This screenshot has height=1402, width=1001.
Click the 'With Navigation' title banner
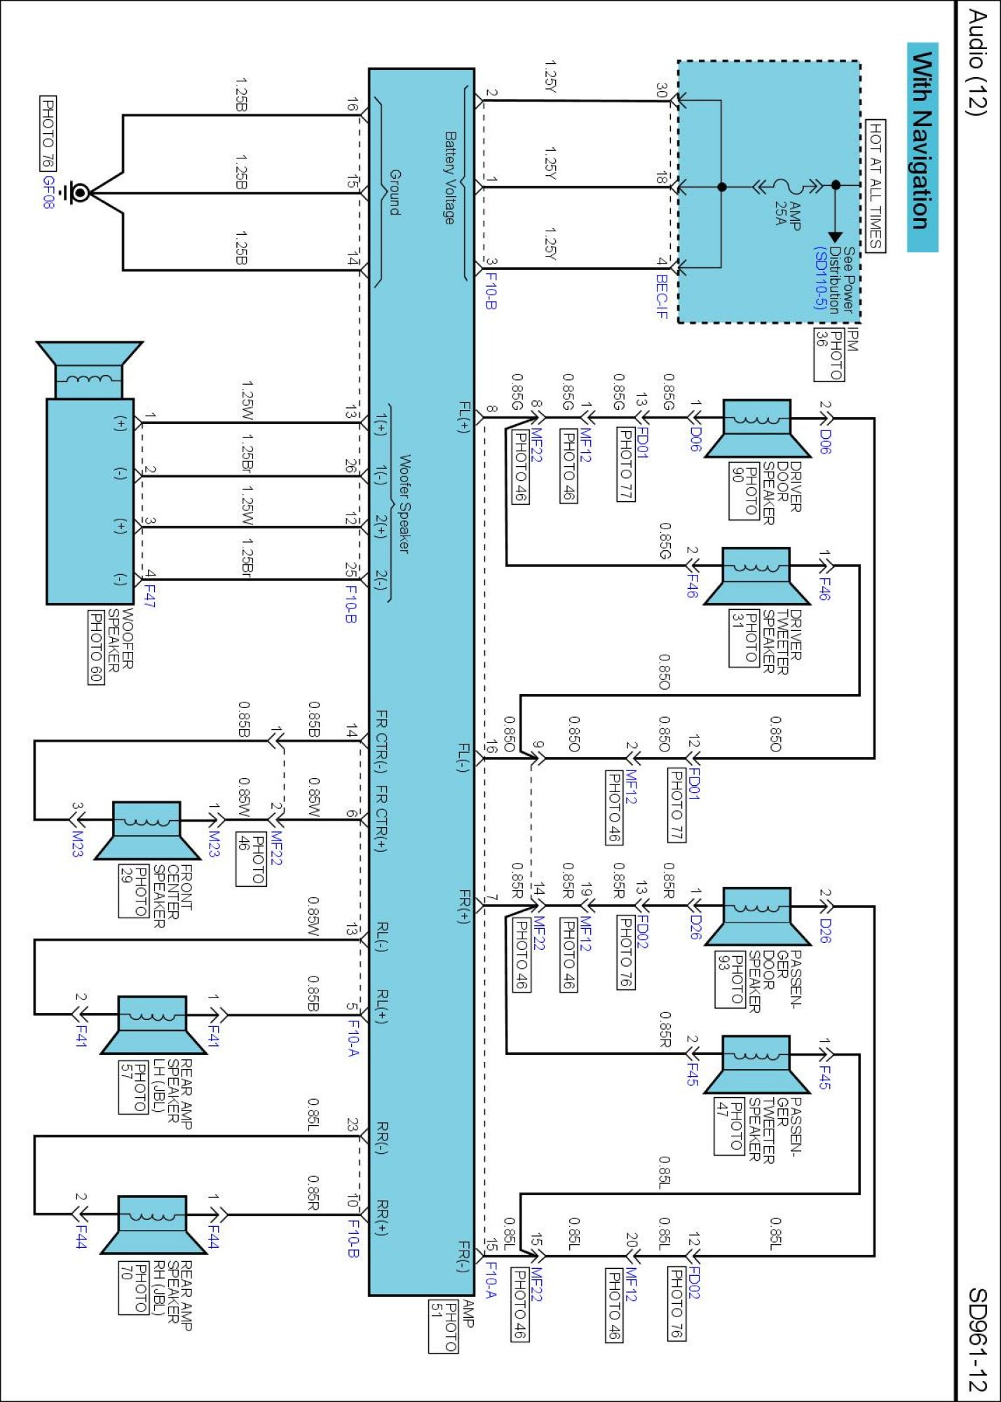tap(922, 147)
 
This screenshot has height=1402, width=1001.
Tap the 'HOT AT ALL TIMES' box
tap(876, 185)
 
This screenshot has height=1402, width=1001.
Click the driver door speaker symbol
tap(756, 428)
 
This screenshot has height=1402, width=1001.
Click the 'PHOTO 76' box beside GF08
tap(48, 133)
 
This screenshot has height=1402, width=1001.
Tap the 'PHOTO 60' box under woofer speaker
tap(96, 647)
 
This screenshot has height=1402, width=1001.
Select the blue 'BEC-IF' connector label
tap(661, 296)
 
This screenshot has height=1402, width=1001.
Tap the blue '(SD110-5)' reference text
tap(819, 278)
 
